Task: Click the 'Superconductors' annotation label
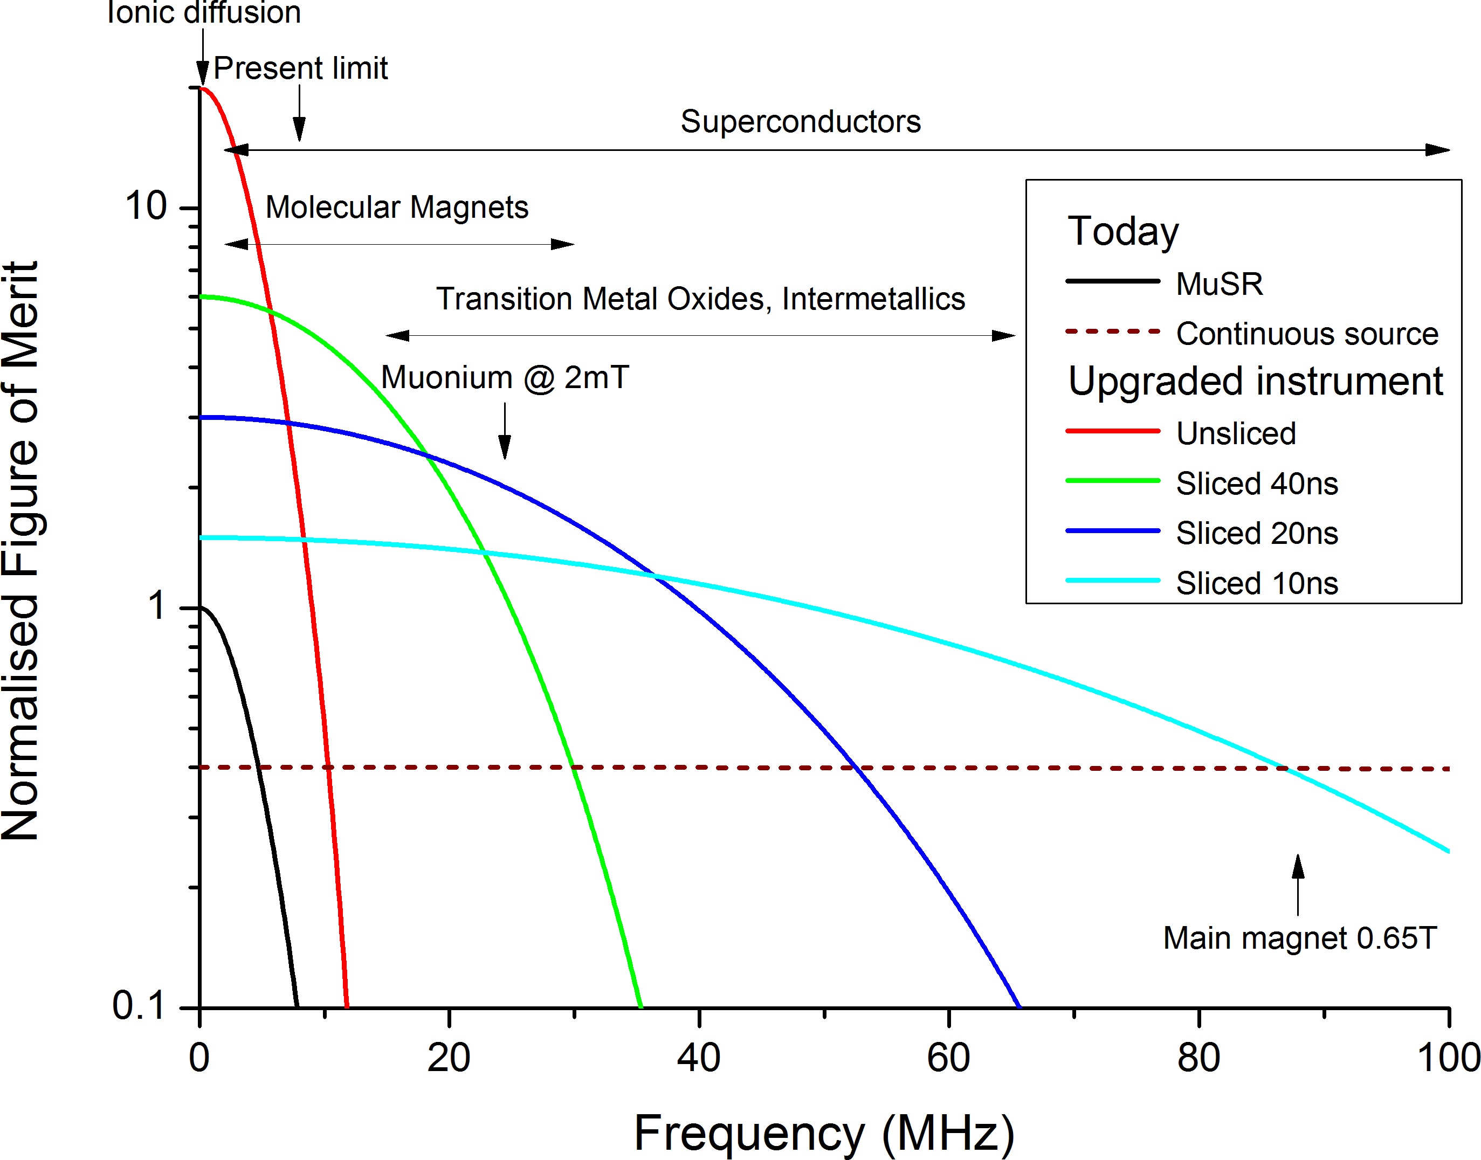[800, 122]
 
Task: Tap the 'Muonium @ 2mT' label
[505, 378]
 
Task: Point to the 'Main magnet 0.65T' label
[1300, 938]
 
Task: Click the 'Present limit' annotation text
[300, 68]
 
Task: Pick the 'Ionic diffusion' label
[204, 12]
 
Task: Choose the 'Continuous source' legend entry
[1307, 334]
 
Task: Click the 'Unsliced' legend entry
[1236, 434]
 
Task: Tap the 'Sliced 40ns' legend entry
[1257, 484]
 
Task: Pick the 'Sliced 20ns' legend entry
[1257, 534]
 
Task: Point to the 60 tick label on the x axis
[948, 1058]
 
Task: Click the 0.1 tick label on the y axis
[139, 1006]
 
